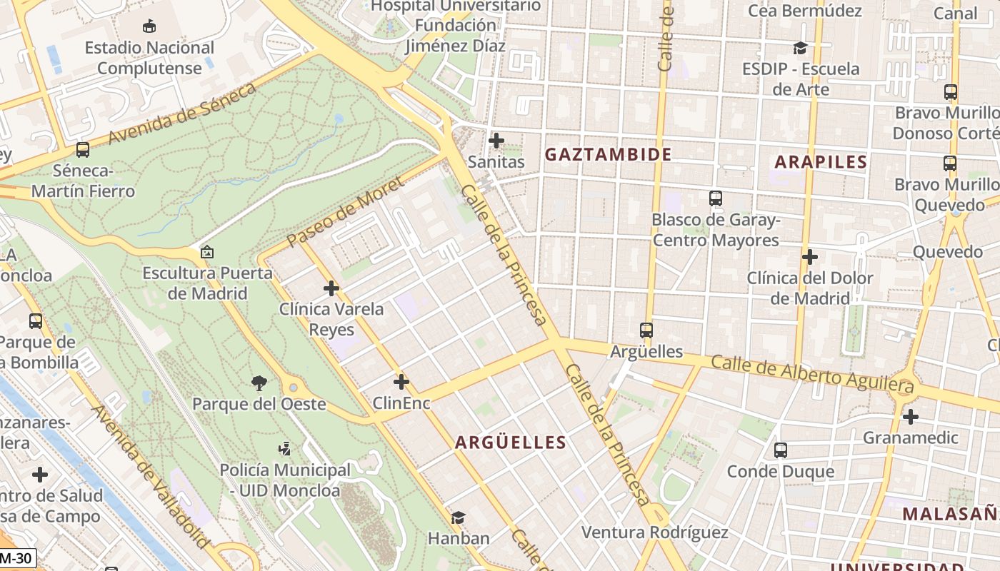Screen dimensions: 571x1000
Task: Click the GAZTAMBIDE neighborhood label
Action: [608, 154]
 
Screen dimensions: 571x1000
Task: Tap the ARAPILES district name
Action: [821, 162]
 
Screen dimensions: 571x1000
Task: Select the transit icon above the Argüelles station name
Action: [646, 330]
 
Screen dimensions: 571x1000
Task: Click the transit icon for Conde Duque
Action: [780, 450]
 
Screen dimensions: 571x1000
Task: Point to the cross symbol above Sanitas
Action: [496, 141]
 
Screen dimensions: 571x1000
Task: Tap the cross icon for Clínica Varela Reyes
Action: [331, 288]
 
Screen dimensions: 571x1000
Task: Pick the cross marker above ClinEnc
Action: [401, 382]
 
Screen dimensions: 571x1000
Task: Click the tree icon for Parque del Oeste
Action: [259, 383]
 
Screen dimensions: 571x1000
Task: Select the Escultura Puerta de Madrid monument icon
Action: [207, 252]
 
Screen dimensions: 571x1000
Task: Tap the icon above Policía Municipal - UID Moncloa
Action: [284, 449]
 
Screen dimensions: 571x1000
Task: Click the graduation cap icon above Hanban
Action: [458, 517]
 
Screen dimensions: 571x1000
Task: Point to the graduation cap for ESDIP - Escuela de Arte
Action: [800, 48]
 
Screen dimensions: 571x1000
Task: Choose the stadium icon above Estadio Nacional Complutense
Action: [149, 26]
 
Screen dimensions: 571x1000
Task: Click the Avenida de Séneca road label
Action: [182, 113]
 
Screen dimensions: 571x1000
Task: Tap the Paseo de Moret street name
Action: [335, 215]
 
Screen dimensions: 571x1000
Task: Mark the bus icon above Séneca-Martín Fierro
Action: [83, 150]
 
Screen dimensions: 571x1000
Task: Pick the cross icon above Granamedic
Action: [910, 416]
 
